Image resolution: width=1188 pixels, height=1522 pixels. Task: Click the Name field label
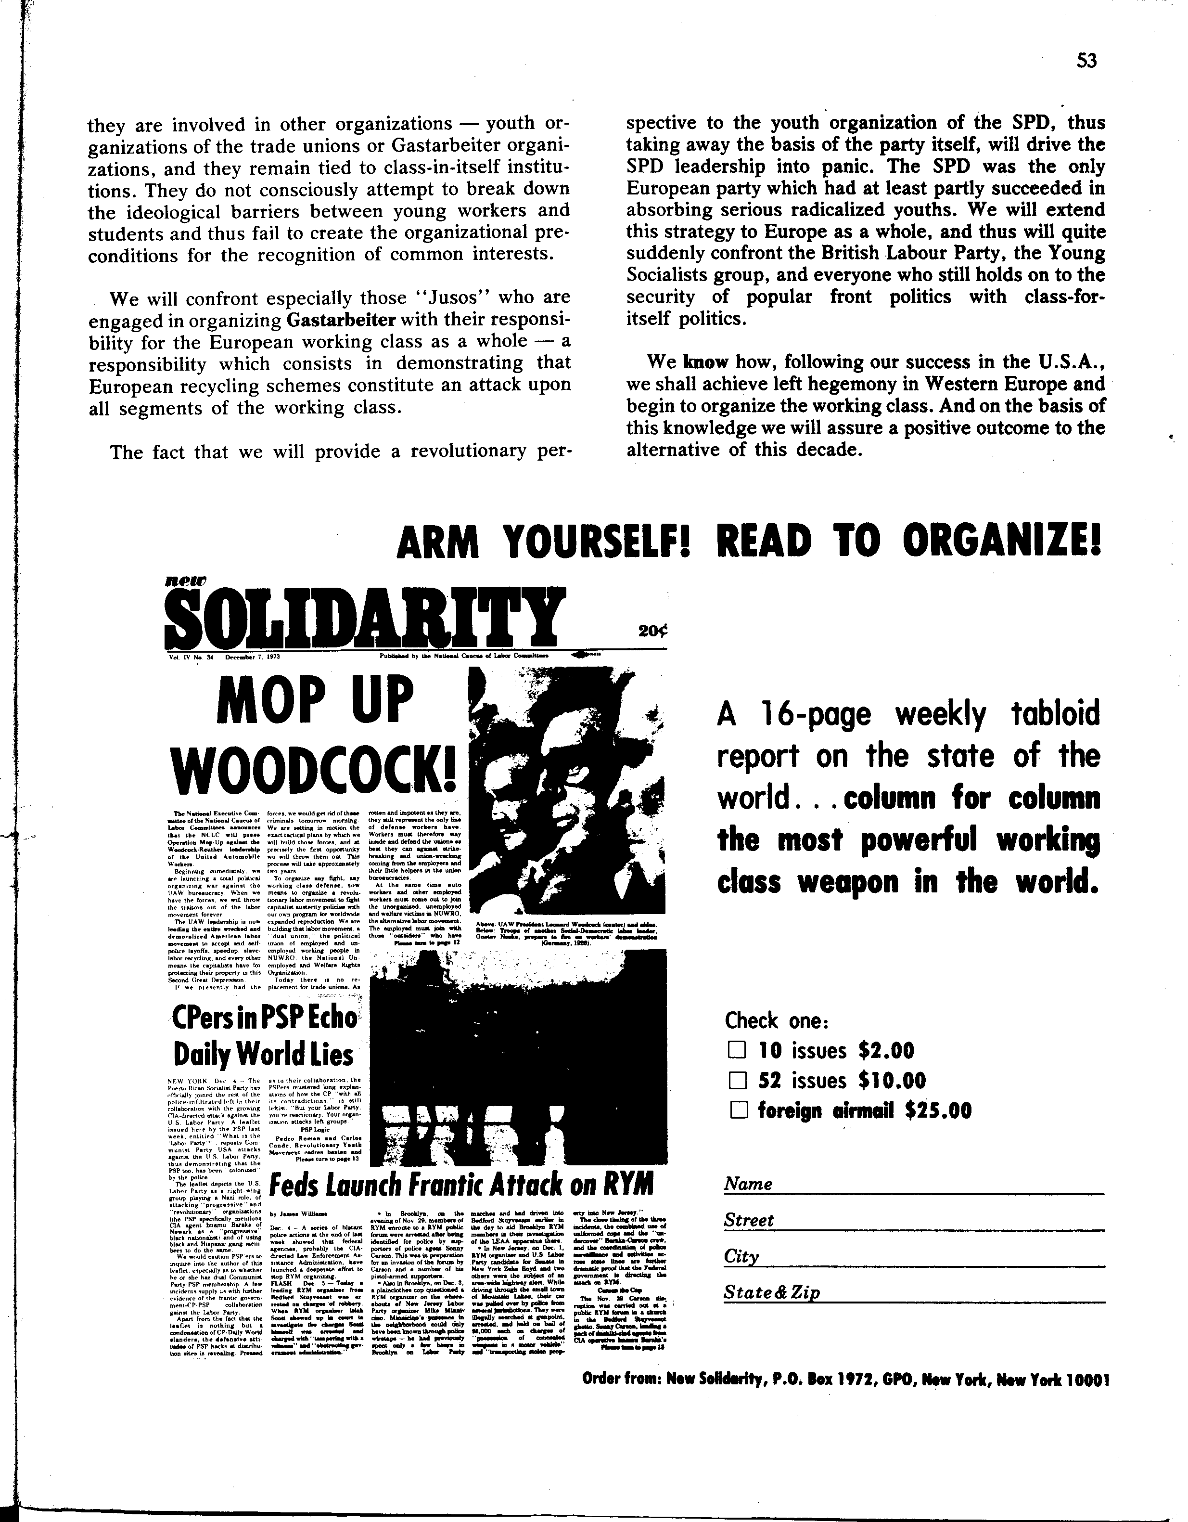point(748,1184)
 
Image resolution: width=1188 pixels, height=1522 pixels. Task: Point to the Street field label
point(749,1220)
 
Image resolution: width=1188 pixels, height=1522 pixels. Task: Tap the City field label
point(741,1256)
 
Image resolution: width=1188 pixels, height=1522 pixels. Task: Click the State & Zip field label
point(771,1293)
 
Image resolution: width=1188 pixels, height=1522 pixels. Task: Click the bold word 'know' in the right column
point(706,361)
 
